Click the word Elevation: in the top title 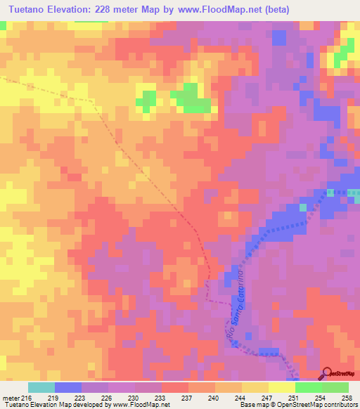click(82, 9)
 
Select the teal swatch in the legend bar click(41, 387)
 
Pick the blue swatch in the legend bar click(67, 387)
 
